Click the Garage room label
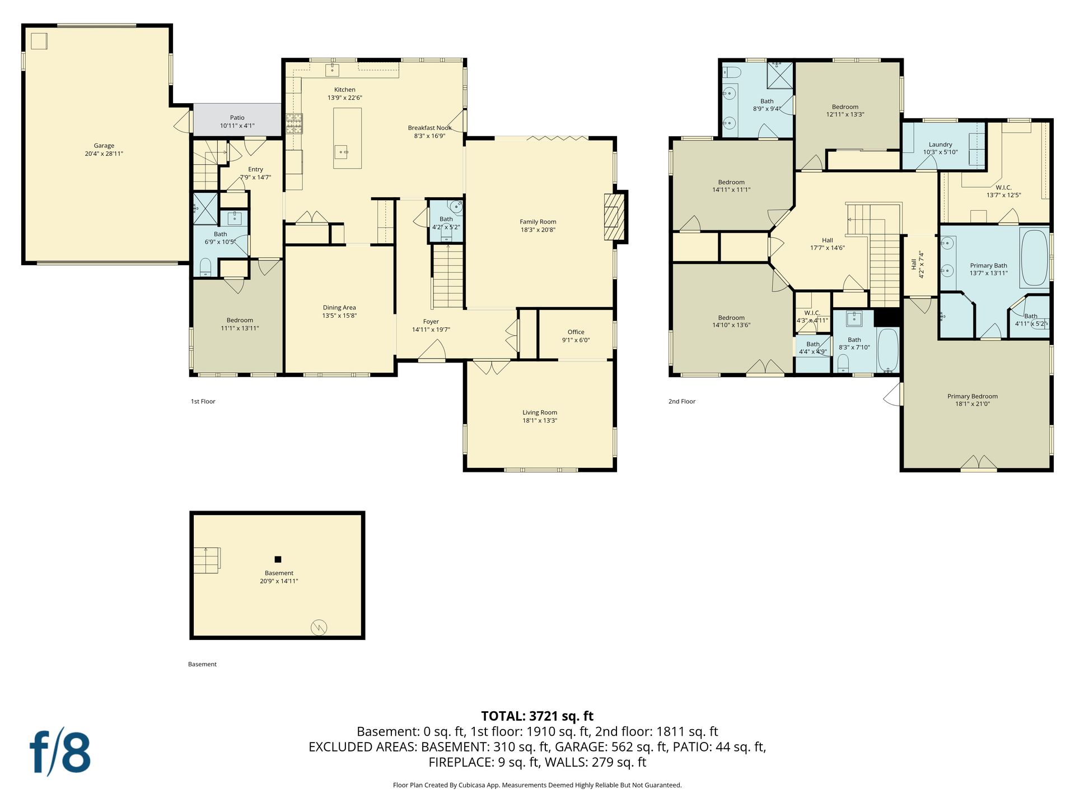tap(104, 146)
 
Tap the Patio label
tap(237, 118)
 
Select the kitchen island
tap(347, 138)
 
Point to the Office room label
tap(576, 332)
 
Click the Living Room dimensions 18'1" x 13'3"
tap(540, 420)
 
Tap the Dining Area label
tap(339, 308)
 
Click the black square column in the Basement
tap(278, 559)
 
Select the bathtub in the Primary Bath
tap(1034, 257)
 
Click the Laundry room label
tap(941, 145)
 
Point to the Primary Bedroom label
tap(973, 396)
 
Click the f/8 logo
tap(60, 752)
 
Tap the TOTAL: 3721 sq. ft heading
tap(537, 716)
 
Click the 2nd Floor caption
tap(682, 401)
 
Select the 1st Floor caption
tap(203, 401)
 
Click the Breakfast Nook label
tap(430, 128)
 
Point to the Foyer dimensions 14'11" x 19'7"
tap(431, 330)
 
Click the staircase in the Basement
tap(207, 560)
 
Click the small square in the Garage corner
tap(39, 41)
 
